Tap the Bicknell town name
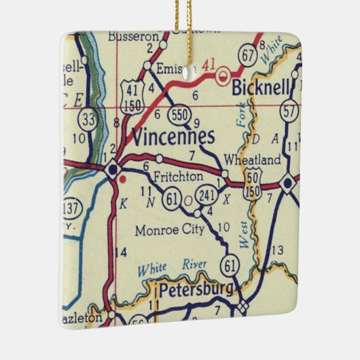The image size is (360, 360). click(261, 88)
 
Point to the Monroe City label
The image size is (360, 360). click(169, 230)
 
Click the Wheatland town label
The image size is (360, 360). click(252, 160)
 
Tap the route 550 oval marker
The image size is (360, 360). click(180, 113)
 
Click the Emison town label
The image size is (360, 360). click(167, 68)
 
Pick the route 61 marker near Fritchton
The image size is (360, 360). click(172, 198)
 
